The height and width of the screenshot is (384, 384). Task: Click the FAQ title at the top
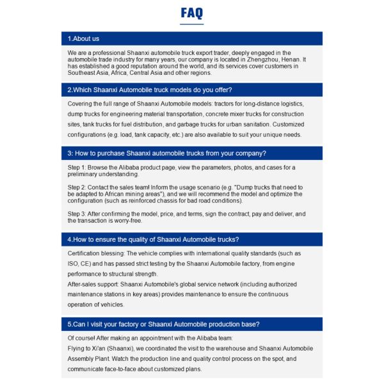click(192, 13)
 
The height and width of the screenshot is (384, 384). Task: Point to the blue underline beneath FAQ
click(192, 24)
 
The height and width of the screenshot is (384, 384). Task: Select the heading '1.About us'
click(84, 38)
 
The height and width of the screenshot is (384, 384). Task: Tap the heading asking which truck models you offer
click(150, 90)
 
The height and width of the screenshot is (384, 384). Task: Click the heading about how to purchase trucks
click(166, 153)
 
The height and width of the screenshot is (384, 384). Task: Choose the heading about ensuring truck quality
click(154, 239)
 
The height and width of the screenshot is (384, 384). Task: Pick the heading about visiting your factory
click(163, 324)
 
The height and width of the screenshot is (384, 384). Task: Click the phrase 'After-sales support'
click(92, 284)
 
